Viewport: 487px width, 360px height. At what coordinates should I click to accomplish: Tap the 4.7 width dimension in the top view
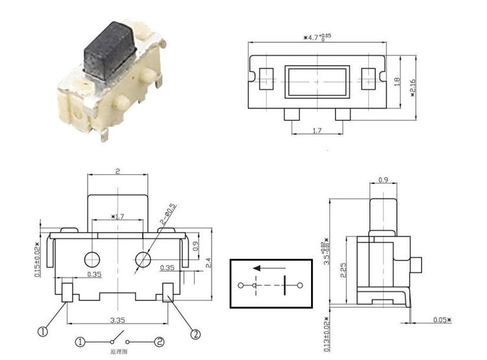click(318, 38)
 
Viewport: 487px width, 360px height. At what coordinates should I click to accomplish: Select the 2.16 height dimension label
click(413, 84)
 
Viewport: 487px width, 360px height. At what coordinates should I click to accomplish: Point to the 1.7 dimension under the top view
click(317, 131)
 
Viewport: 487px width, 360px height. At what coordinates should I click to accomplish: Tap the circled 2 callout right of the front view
click(194, 334)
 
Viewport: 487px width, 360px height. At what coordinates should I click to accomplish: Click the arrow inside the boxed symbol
click(268, 268)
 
